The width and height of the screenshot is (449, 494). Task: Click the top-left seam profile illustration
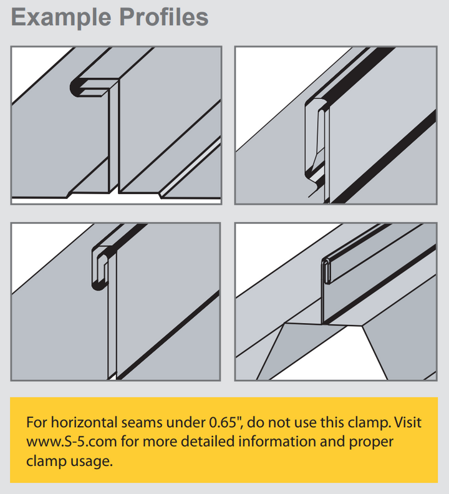(x=116, y=125)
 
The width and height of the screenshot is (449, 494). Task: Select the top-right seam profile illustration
(x=336, y=125)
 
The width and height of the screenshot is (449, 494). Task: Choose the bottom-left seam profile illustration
(x=116, y=301)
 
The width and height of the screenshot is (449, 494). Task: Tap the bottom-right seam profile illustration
(x=336, y=301)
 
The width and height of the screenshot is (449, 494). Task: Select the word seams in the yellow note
(x=148, y=422)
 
